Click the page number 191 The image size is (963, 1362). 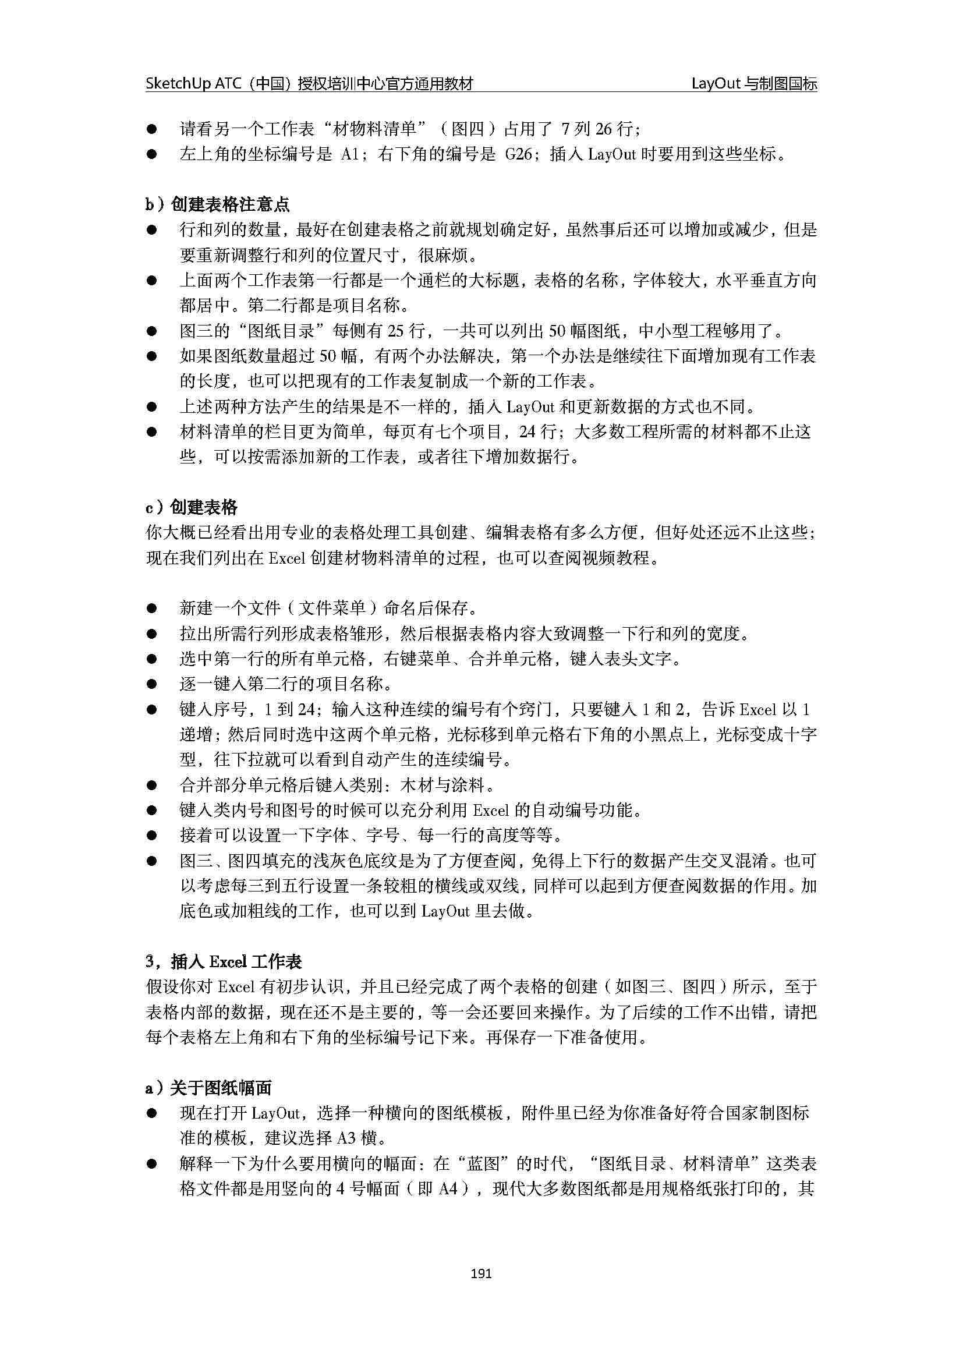480,1273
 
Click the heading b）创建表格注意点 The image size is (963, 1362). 218,204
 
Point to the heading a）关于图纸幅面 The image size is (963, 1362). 209,1088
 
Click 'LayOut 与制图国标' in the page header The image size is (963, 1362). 753,84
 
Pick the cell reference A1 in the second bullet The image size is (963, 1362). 350,155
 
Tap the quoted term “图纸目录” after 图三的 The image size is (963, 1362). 274,331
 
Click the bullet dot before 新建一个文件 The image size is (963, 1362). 152,609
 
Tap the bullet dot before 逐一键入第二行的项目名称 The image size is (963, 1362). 152,685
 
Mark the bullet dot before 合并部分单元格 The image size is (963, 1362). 152,786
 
